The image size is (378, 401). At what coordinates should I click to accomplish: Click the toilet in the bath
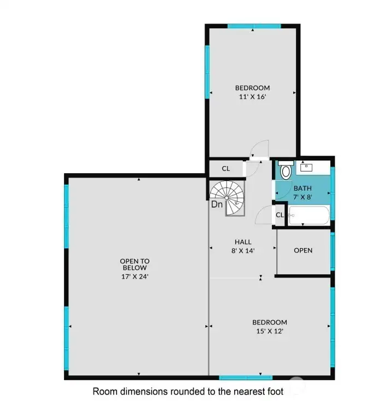285,171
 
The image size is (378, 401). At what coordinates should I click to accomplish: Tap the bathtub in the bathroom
309,215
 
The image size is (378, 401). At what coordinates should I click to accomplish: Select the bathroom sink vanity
313,167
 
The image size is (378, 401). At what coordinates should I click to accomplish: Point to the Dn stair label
217,205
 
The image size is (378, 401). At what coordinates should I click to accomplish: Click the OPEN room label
303,250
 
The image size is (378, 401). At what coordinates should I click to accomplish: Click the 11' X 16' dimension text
252,96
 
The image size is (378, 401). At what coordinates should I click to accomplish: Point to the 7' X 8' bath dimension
303,197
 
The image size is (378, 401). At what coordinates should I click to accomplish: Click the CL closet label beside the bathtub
280,215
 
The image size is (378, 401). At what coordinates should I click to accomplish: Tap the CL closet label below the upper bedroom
225,168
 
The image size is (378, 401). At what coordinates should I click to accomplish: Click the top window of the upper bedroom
254,26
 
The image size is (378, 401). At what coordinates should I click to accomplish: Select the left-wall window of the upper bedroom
207,71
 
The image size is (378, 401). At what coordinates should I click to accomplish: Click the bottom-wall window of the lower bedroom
246,377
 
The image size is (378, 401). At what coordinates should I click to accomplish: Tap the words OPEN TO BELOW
135,264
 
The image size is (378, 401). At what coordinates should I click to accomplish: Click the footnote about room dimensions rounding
188,391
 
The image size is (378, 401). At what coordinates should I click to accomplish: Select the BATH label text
303,188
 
